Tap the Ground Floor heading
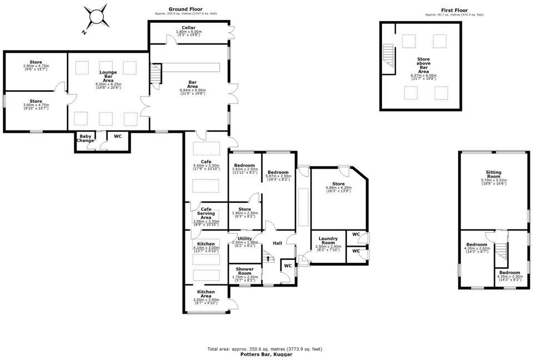point(185,10)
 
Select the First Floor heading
point(454,10)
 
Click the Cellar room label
point(188,28)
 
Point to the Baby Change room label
point(86,138)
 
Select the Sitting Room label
point(493,175)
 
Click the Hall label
point(277,243)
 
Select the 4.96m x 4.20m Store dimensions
point(338,188)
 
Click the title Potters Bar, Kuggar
point(266,354)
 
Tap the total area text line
point(265,349)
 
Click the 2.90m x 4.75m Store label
point(36,66)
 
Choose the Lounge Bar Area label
point(108,77)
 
